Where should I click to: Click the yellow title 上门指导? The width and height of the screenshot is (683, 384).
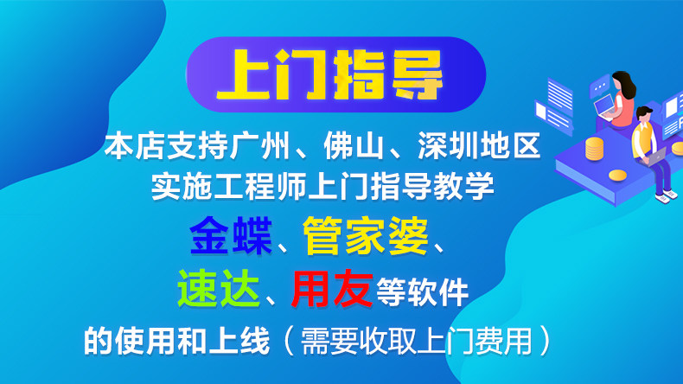click(329, 74)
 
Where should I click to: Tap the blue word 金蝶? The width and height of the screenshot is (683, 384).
click(231, 236)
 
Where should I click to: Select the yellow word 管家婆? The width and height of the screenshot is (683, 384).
click(365, 236)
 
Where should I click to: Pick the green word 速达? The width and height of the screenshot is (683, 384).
click(219, 288)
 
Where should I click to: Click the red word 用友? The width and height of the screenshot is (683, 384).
click(332, 288)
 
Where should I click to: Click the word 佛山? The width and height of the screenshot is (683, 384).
click(354, 145)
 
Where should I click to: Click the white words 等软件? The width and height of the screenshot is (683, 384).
click(423, 292)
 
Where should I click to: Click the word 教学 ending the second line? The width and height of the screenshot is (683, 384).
click(464, 186)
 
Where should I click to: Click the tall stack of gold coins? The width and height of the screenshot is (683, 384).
click(594, 149)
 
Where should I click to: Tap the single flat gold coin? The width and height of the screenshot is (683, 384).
click(617, 176)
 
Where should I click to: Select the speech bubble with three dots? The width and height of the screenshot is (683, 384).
click(600, 86)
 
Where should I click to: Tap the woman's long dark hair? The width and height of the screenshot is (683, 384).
click(625, 85)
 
